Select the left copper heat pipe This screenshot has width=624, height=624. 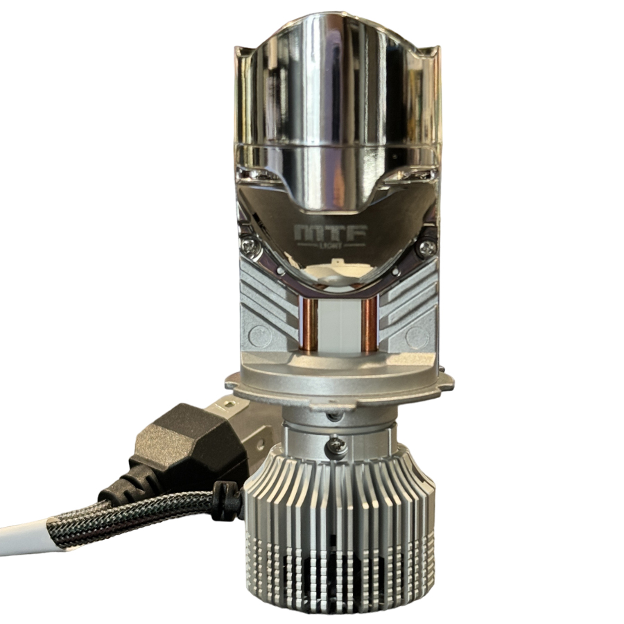309,322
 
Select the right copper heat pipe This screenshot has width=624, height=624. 370,322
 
